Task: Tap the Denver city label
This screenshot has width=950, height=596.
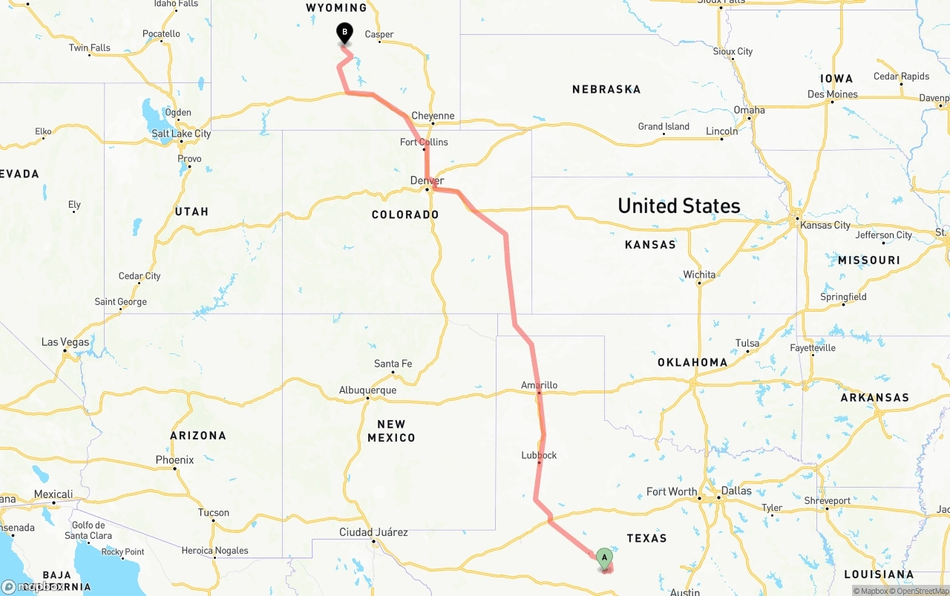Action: [x=427, y=180]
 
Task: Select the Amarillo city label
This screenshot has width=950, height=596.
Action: [x=539, y=385]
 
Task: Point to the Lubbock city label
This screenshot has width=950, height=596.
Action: [x=539, y=455]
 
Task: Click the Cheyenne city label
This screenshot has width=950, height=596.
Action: [x=433, y=116]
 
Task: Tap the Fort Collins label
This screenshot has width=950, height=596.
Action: [x=424, y=142]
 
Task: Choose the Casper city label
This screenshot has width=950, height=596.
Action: [x=379, y=34]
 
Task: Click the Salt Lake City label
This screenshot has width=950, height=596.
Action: [x=181, y=134]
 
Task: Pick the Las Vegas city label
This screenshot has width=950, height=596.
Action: [x=65, y=342]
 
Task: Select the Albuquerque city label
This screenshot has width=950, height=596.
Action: [x=367, y=390]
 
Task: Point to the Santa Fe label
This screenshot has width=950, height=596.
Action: [x=393, y=364]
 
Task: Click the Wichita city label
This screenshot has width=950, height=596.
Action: [x=699, y=275]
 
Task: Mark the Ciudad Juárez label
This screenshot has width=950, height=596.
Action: [x=373, y=532]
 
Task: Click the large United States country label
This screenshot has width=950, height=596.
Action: [x=679, y=206]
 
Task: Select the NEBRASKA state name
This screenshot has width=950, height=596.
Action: [x=606, y=89]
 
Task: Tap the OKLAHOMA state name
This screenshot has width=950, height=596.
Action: [x=692, y=362]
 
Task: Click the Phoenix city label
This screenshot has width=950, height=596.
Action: [x=174, y=460]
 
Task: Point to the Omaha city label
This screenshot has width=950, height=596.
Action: [x=749, y=110]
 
